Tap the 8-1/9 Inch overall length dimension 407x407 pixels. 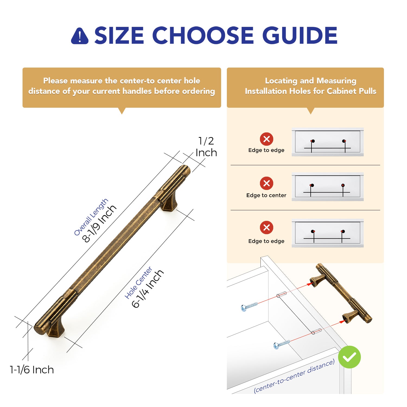[x=99, y=224]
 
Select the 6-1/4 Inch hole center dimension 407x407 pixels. [x=148, y=289]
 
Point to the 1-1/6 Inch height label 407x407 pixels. [x=32, y=370]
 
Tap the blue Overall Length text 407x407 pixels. [x=91, y=217]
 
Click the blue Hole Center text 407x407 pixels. [x=138, y=283]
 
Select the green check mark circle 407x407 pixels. [x=349, y=357]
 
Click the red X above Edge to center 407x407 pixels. [x=266, y=183]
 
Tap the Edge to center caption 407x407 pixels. [x=266, y=195]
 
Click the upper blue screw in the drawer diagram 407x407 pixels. [x=249, y=306]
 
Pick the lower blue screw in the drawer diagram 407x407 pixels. [x=282, y=345]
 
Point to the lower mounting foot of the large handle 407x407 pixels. [x=56, y=329]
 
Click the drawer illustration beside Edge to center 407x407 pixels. [x=327, y=187]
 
